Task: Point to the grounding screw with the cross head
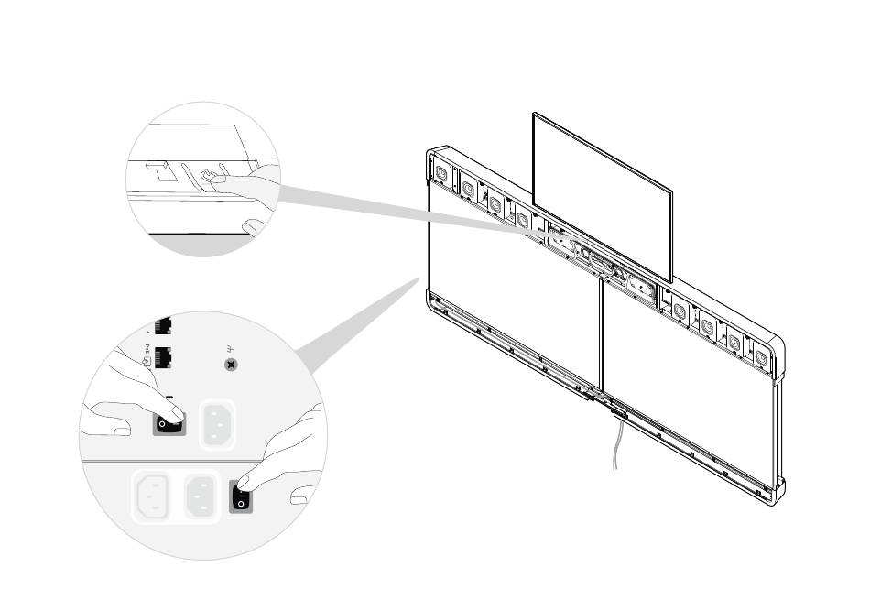232,365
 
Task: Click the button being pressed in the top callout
210,174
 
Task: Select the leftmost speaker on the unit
440,173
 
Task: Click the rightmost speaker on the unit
760,353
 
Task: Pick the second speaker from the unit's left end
468,189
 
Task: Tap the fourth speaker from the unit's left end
522,219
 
